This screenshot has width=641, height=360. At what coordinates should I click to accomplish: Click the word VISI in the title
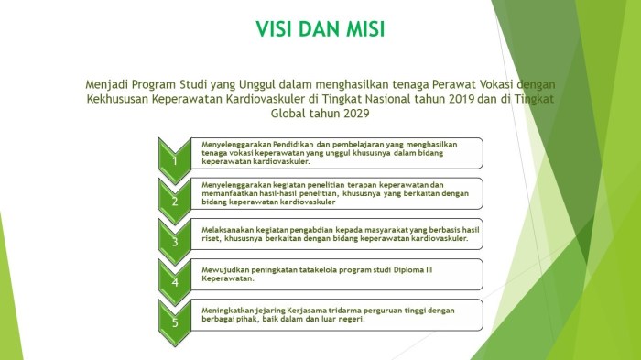[x=277, y=30]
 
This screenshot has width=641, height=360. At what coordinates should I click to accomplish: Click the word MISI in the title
[x=361, y=30]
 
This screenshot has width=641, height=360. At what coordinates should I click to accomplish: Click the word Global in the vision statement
[x=291, y=114]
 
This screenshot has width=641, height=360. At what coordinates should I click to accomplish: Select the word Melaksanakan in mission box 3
[x=225, y=225]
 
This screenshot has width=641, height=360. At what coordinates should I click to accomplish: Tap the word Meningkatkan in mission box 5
[x=226, y=311]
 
